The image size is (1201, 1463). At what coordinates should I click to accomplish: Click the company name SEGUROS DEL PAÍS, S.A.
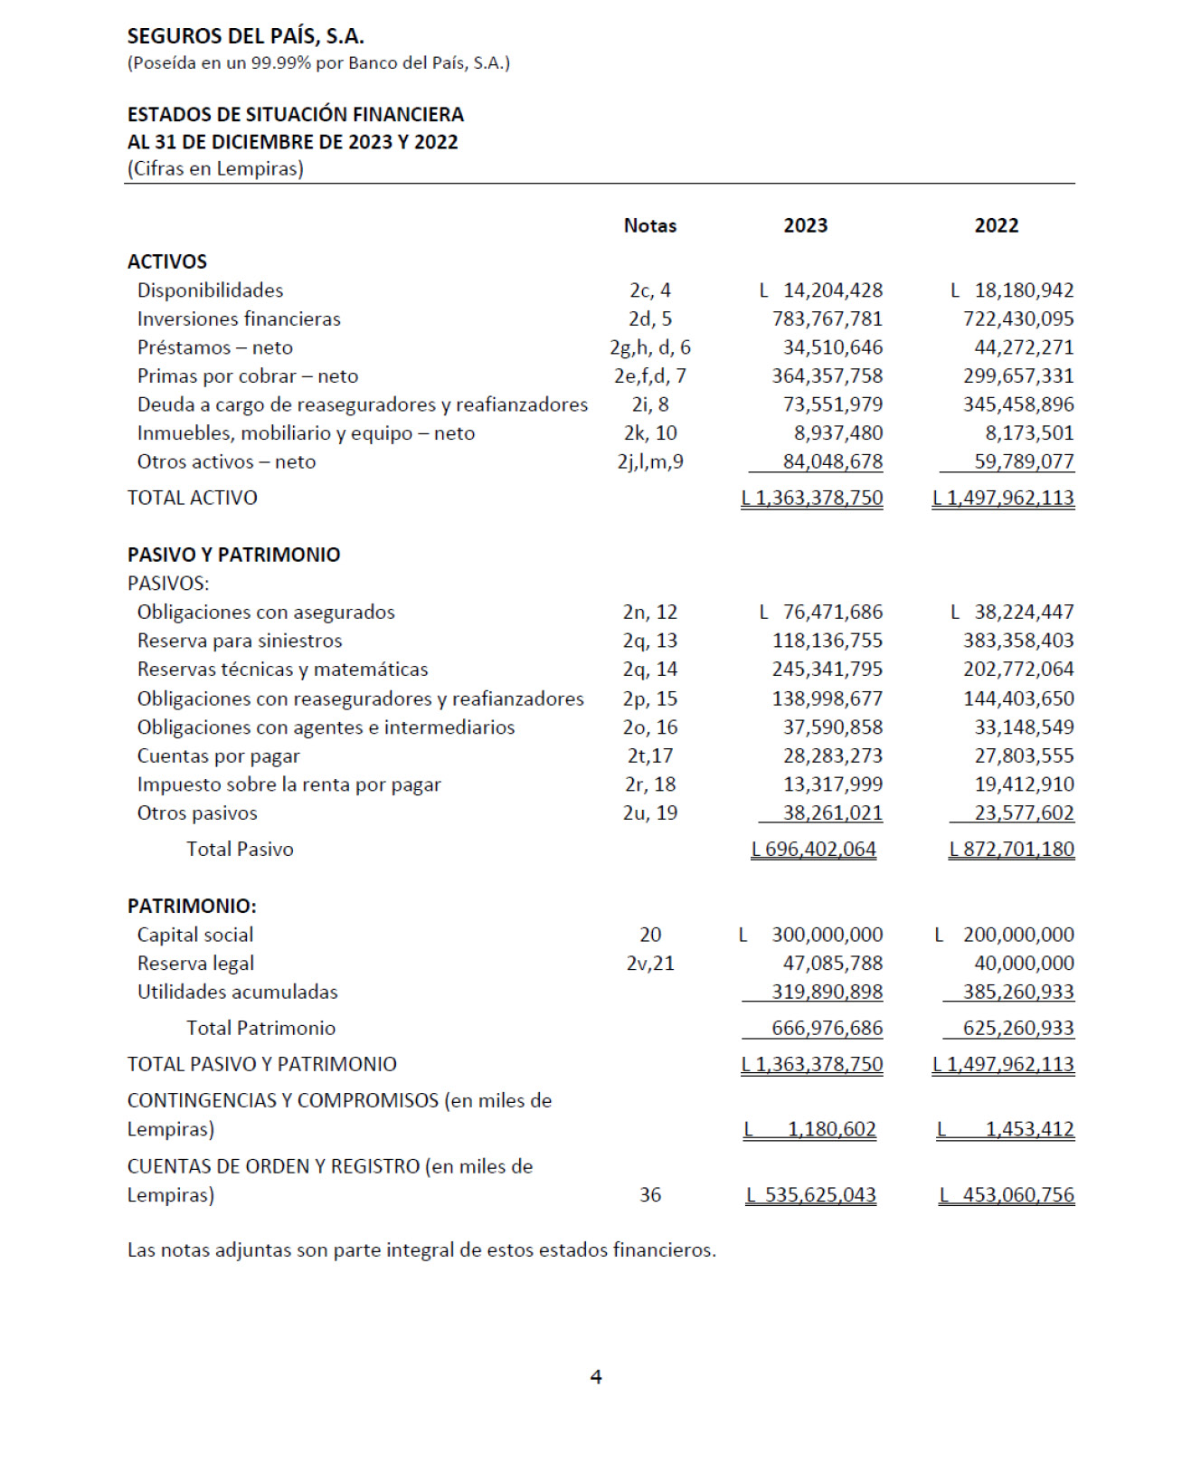[x=245, y=36]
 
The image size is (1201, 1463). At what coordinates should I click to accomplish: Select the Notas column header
[x=649, y=225]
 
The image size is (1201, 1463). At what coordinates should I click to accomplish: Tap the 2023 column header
[x=805, y=225]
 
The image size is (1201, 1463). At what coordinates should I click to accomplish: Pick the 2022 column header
[x=996, y=225]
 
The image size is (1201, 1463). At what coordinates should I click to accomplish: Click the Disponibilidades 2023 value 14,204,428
[x=832, y=290]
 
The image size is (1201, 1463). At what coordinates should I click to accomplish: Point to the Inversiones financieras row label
[x=239, y=318]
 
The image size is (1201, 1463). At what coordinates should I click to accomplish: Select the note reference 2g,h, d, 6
[x=649, y=347]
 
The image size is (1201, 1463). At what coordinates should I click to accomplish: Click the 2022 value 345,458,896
[x=1017, y=404]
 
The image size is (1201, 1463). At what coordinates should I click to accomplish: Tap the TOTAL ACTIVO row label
[x=192, y=498]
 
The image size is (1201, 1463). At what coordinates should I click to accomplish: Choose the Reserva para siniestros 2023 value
[x=827, y=641]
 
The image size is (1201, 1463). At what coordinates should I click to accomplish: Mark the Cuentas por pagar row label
[x=218, y=755]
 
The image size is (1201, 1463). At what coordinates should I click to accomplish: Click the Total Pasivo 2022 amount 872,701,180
[x=1017, y=850]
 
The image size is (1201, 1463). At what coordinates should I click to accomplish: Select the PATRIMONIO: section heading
[x=192, y=906]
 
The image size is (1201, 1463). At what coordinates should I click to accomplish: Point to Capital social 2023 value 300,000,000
[x=827, y=935]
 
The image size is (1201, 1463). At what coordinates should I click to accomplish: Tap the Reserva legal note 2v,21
[x=649, y=964]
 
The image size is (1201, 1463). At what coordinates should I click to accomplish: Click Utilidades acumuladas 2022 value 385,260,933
[x=1017, y=992]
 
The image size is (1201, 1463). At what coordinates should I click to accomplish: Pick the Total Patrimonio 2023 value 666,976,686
[x=827, y=1028]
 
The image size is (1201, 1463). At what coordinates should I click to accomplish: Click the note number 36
[x=649, y=1195]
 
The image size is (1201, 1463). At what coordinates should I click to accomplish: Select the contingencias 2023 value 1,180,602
[x=831, y=1129]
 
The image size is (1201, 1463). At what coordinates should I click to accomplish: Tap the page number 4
[x=596, y=1376]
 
